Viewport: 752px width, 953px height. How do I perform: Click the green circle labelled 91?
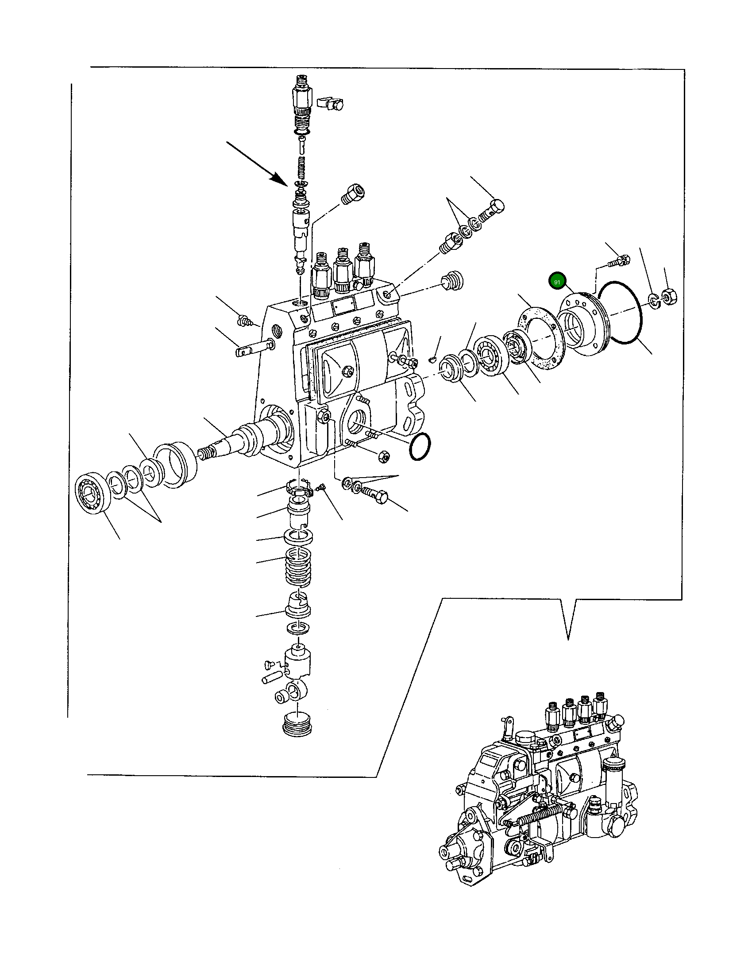557,282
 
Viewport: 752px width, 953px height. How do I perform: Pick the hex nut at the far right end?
667,295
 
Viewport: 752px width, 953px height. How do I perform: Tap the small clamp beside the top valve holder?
331,103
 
